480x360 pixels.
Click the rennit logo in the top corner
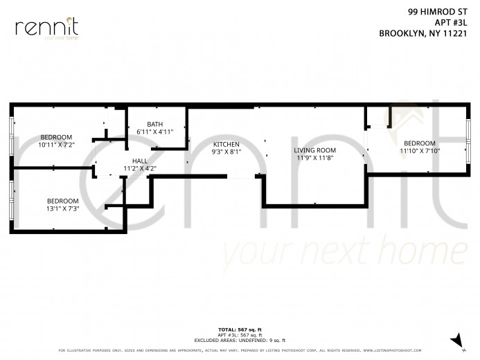(46, 28)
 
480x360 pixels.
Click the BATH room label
(154, 125)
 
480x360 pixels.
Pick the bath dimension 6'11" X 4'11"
(154, 132)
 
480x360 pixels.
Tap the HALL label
(140, 161)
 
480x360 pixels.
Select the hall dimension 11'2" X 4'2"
(140, 168)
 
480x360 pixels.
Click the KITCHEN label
(226, 144)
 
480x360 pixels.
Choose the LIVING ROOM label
(314, 150)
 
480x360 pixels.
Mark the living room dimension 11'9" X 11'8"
(314, 157)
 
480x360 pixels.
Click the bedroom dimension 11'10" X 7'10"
(420, 150)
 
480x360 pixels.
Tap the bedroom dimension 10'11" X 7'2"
(55, 145)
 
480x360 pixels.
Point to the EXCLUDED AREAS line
(239, 340)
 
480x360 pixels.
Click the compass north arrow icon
(456, 339)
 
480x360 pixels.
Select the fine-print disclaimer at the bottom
(239, 350)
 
